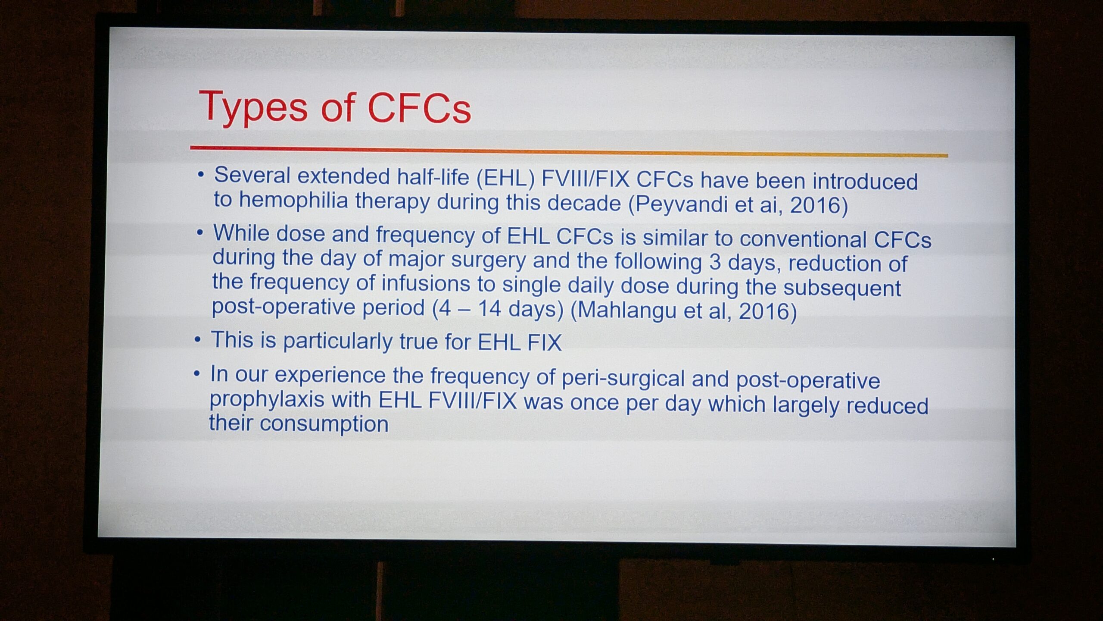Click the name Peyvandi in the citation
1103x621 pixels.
682,204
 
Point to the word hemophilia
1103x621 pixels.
293,201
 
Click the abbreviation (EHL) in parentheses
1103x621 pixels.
505,178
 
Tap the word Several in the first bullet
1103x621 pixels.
252,175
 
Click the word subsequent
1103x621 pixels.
842,289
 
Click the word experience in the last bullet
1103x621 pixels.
330,375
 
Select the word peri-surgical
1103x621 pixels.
623,379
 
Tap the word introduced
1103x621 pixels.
865,182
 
